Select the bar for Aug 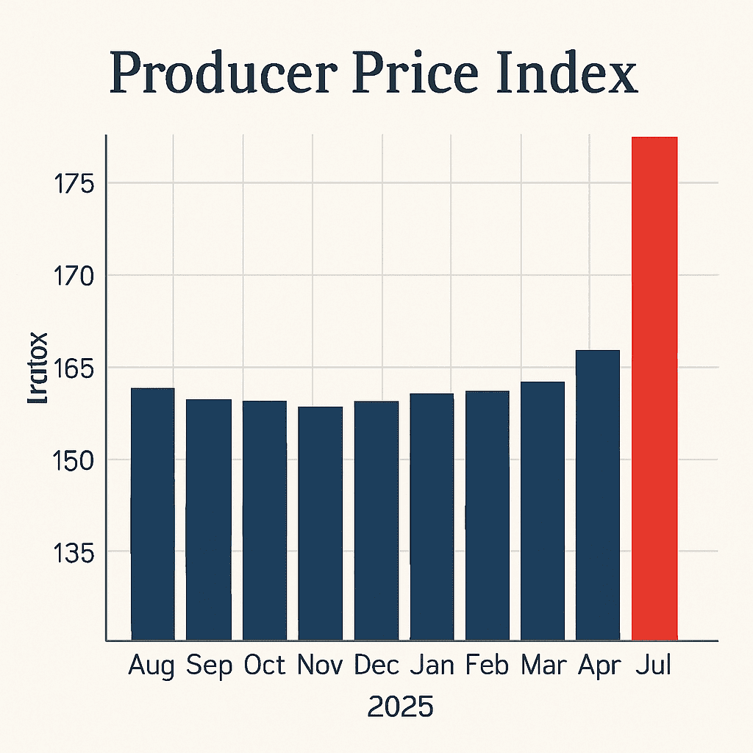point(152,514)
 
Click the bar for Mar point(542,511)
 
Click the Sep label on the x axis point(209,665)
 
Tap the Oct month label point(264,665)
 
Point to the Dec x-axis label point(376,665)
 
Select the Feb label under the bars point(488,665)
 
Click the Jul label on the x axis point(654,665)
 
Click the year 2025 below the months point(400,707)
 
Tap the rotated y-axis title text point(38,368)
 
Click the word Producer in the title point(224,74)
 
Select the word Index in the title point(564,74)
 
